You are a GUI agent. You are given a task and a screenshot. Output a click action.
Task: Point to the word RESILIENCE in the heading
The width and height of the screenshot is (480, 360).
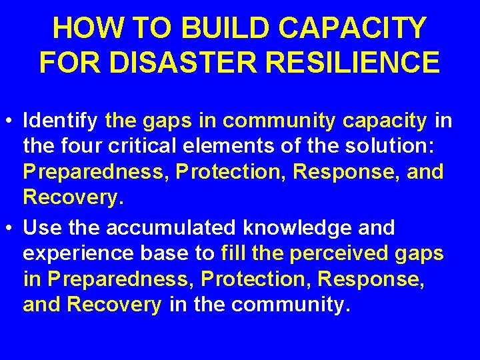tap(354, 63)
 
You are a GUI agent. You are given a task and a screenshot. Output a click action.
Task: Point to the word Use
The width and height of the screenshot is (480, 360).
tap(42, 228)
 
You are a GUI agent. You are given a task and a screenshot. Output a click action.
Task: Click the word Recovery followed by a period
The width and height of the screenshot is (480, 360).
tap(64, 197)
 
